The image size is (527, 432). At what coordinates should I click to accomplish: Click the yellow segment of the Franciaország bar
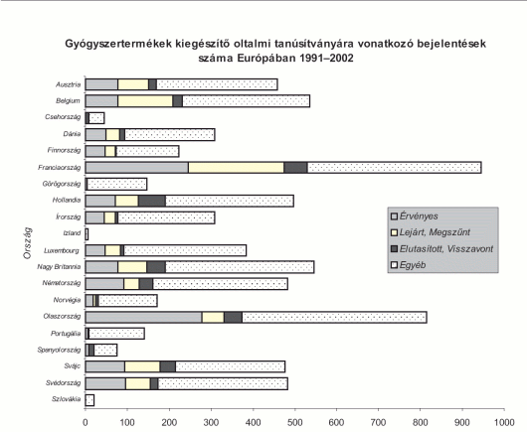pos(236,168)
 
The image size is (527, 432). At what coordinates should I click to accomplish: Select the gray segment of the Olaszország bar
pos(143,317)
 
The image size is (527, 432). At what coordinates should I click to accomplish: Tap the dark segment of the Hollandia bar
pos(152,201)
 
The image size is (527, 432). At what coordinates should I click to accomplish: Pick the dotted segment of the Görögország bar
pos(117,185)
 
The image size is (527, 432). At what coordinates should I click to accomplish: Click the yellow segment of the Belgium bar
pos(145,101)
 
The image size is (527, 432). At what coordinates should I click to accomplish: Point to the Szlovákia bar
pos(89,400)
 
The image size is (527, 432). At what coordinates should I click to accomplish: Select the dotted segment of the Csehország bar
pos(96,118)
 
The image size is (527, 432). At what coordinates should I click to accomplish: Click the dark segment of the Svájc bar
pos(168,366)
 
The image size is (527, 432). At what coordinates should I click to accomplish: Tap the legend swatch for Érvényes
pos(394,216)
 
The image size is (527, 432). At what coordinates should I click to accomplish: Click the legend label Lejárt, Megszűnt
pos(435,232)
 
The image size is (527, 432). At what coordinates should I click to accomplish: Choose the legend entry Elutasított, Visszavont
pos(441,248)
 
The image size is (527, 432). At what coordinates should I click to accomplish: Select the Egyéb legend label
pos(413,265)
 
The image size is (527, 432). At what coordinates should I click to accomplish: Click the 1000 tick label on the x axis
pos(504,423)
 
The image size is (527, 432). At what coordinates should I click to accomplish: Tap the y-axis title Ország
pos(27,242)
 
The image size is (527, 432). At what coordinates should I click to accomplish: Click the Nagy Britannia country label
pos(59,267)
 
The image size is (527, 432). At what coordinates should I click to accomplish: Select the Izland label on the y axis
pos(72,233)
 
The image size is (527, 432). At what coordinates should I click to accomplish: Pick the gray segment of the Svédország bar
pos(105,383)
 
